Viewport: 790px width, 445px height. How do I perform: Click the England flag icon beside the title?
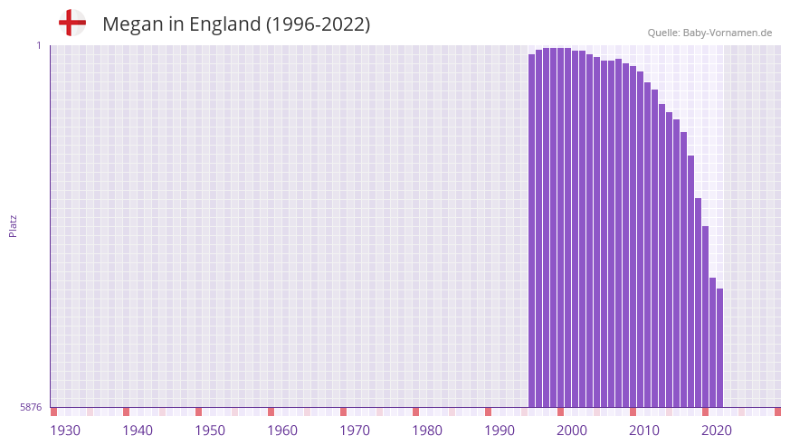point(71,24)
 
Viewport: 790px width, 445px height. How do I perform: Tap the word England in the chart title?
point(224,24)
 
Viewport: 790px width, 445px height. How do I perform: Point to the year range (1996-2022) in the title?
point(318,24)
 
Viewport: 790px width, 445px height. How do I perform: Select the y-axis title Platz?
point(13,225)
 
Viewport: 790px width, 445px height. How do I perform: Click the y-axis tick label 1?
point(39,45)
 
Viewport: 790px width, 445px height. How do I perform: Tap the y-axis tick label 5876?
point(31,408)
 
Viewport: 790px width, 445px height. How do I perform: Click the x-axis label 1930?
point(65,430)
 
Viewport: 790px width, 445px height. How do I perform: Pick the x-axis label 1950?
point(210,430)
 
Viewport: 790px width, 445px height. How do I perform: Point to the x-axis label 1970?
point(355,430)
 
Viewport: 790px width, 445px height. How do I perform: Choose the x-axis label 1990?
point(500,430)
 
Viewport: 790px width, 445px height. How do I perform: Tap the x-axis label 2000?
point(572,430)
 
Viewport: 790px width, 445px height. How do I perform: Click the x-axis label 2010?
point(644,430)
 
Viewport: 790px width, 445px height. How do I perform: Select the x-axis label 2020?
point(717,430)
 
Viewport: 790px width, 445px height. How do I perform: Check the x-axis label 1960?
point(282,430)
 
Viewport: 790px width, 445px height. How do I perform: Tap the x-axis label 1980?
point(427,430)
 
